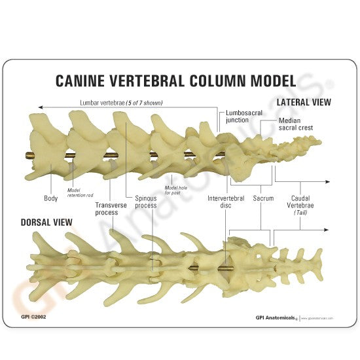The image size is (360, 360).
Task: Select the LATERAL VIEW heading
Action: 304,103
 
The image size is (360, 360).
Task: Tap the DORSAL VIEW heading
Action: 38,223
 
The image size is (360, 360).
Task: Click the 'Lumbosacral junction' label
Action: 243,117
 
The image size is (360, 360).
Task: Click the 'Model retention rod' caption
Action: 80,193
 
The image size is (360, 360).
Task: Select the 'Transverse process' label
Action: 106,208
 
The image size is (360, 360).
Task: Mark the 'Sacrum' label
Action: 263,198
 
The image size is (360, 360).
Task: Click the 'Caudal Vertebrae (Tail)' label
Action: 302,204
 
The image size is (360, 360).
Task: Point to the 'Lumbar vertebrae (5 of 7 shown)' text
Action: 121,103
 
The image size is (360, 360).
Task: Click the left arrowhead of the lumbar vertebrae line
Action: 41,107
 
